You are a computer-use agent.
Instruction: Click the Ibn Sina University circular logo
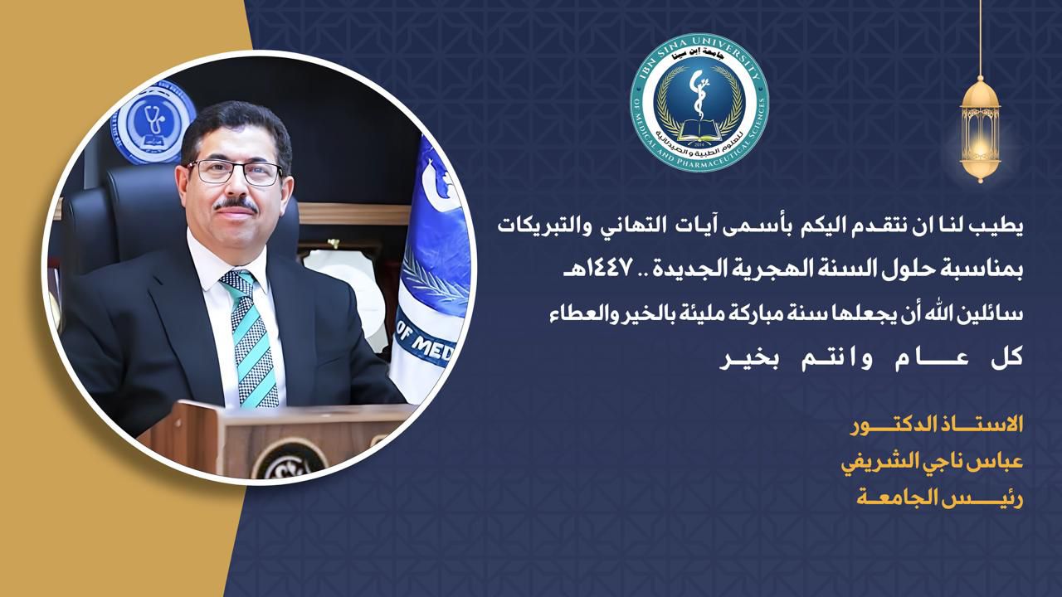click(x=699, y=103)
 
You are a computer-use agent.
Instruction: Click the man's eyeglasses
click(x=235, y=172)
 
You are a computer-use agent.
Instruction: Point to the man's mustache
click(x=235, y=204)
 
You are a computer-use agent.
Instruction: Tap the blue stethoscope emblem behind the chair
click(x=153, y=122)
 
